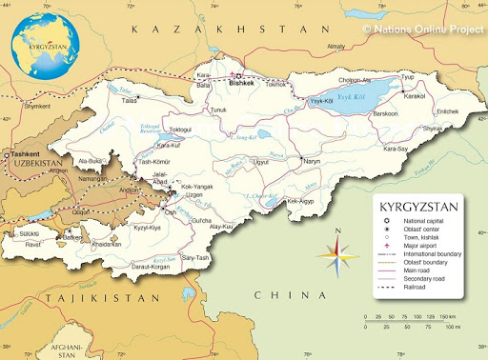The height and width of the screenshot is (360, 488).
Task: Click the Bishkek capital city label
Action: click(243, 84)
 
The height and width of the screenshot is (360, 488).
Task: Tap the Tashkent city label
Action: click(24, 154)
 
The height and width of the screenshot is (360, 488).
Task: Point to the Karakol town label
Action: click(414, 96)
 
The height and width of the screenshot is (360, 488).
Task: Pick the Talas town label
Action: click(129, 99)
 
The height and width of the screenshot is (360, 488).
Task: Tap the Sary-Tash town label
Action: click(195, 257)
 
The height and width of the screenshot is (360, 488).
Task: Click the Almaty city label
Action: click(335, 46)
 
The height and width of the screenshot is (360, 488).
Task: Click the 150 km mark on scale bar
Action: click(445, 315)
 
